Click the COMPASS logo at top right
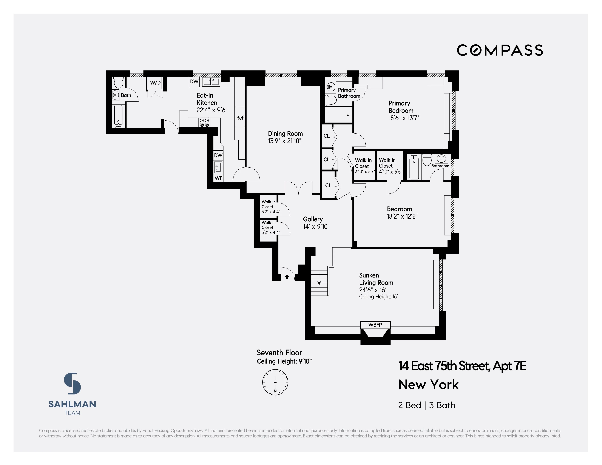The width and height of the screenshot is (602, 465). (x=500, y=50)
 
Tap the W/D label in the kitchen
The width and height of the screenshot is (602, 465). (x=155, y=82)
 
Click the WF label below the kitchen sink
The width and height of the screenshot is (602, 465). (x=218, y=178)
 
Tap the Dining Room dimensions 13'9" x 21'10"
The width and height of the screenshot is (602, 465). (x=284, y=141)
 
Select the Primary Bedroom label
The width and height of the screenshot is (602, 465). (x=401, y=107)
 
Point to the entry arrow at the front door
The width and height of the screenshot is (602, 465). (x=287, y=277)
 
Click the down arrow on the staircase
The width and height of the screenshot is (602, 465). (x=319, y=283)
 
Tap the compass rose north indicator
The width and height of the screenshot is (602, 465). (x=275, y=382)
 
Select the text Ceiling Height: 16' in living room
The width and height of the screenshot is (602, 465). (x=378, y=297)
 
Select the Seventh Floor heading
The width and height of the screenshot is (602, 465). (x=279, y=353)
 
